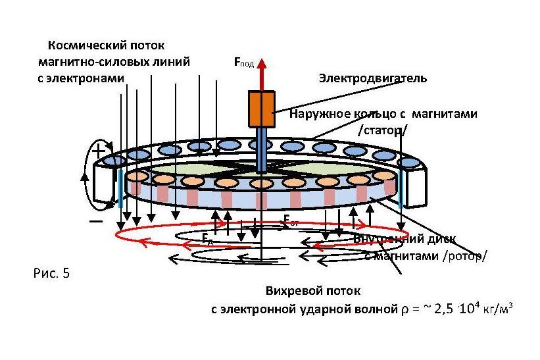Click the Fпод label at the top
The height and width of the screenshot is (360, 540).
[x=244, y=63]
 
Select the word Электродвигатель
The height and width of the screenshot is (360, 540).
[x=372, y=78]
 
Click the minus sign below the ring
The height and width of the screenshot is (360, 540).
[x=96, y=222]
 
